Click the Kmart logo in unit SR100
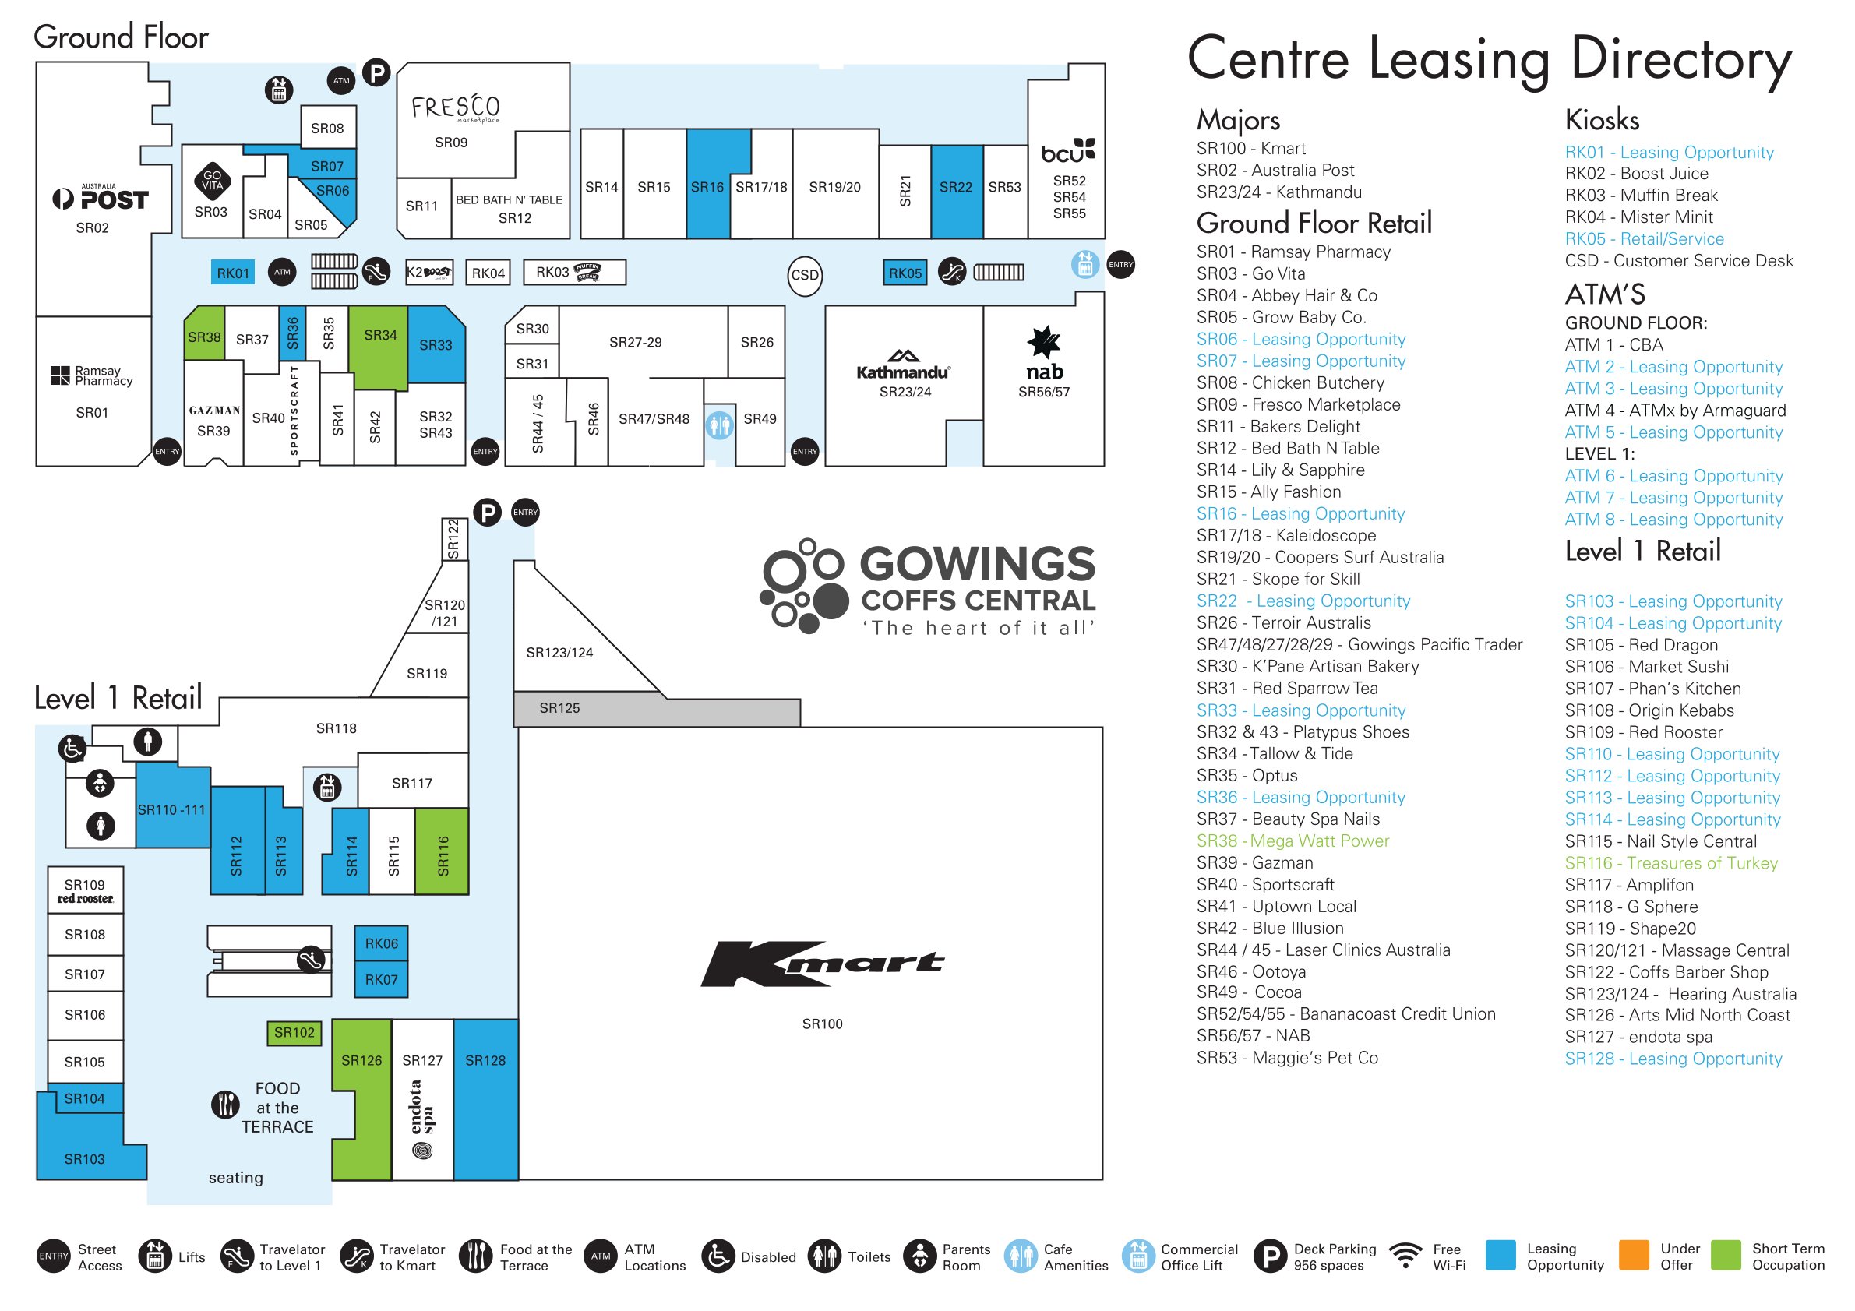click(822, 963)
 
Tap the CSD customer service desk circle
click(804, 276)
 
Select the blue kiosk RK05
click(904, 273)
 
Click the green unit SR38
click(203, 337)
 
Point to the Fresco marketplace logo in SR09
click(455, 107)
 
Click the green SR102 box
click(294, 1032)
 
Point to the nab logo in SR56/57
click(1044, 355)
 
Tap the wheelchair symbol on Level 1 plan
click(72, 749)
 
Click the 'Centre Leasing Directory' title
click(1488, 60)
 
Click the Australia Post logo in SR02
click(101, 198)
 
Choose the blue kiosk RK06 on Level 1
click(381, 943)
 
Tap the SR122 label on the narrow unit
click(453, 539)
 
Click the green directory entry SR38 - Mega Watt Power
click(1292, 841)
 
